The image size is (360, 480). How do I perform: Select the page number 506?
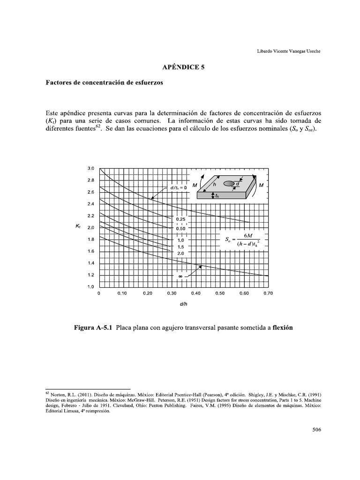pyautogui.click(x=316, y=429)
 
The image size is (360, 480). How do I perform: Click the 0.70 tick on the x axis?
pyautogui.click(x=268, y=294)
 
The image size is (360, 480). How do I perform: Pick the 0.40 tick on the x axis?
pyautogui.click(x=195, y=294)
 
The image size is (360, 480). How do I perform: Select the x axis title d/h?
pyautogui.click(x=183, y=304)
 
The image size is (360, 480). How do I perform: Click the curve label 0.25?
pyautogui.click(x=181, y=219)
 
